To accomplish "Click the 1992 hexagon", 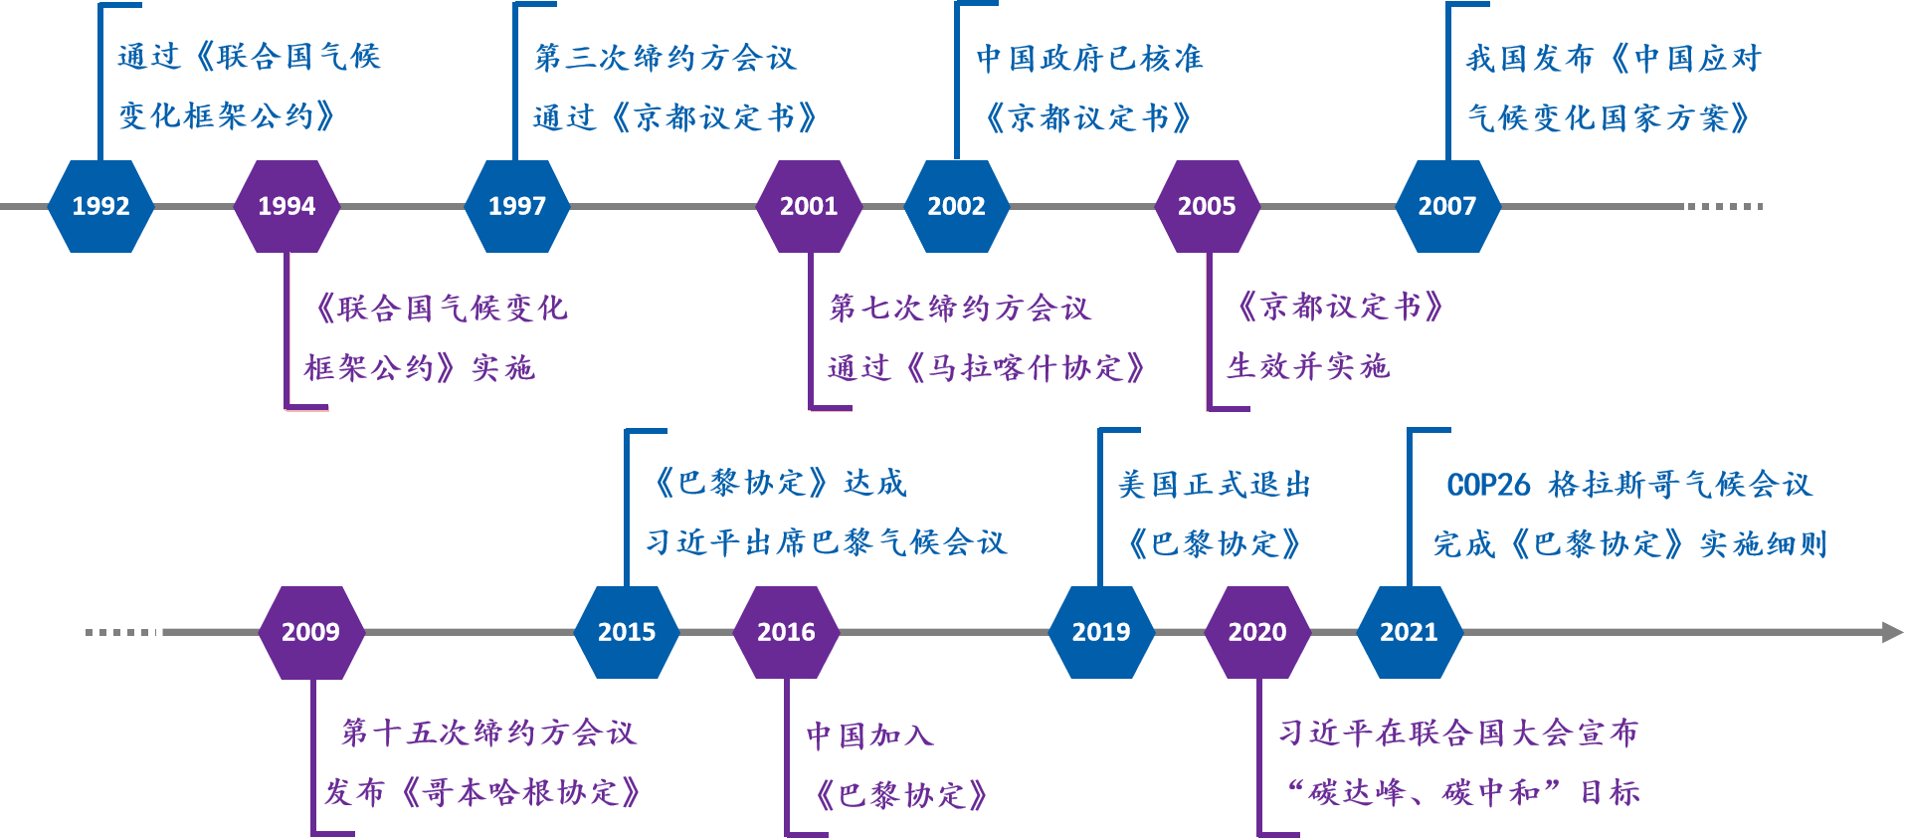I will tap(100, 206).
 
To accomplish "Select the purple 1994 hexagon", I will tap(286, 206).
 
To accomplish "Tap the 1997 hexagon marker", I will tap(516, 206).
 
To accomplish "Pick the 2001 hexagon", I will tap(808, 206).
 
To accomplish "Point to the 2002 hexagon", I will tap(956, 206).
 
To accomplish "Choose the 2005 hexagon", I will tap(1207, 206).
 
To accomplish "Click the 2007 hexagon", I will tap(1446, 206).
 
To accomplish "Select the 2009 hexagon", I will tap(310, 632).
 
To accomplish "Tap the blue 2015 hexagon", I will tap(627, 632).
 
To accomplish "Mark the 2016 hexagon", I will tap(786, 632).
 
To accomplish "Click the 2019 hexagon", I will tap(1101, 632).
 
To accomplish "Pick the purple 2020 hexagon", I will tap(1257, 632).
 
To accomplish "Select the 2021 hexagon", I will tap(1409, 632).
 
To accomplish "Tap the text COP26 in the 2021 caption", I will tap(1488, 485).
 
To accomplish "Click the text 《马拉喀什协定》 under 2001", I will tap(1026, 368).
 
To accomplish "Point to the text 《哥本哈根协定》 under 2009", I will tap(520, 793).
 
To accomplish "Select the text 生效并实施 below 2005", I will tap(1308, 366).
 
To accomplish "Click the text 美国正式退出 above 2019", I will tap(1215, 485).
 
